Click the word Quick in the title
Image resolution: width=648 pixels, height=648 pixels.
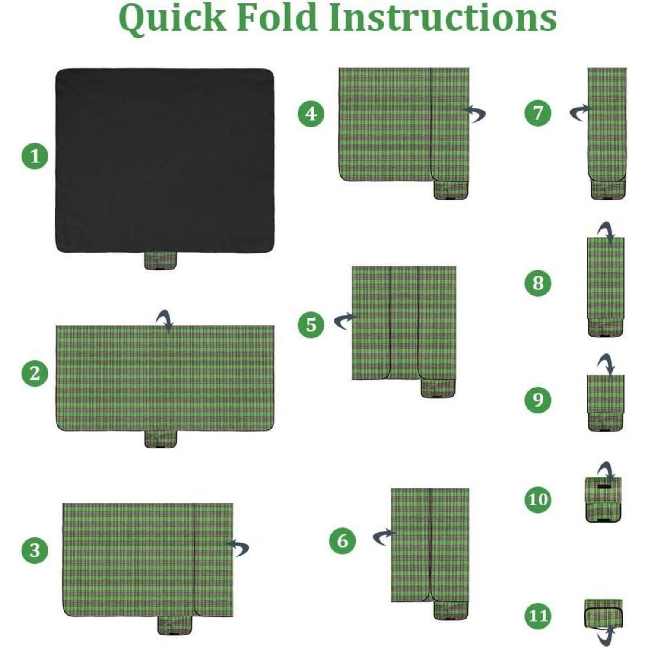coord(172,19)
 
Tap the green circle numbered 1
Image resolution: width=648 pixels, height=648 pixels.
coord(35,156)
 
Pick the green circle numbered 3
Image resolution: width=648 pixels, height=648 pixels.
coord(35,550)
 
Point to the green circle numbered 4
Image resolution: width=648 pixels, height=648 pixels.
coord(311,114)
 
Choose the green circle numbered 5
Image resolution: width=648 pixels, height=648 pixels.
coord(311,324)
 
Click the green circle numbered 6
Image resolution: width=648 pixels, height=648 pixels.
coord(343,541)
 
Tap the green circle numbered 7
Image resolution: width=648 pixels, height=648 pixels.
coord(538,113)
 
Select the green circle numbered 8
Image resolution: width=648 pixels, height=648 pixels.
coord(538,283)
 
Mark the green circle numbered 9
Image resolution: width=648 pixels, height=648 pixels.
coord(538,400)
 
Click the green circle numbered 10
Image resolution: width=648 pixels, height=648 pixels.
coord(538,500)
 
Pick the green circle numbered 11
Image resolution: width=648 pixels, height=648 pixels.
coord(538,615)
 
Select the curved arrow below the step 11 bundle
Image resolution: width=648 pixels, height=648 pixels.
coord(606,636)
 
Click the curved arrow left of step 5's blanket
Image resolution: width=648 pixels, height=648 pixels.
coord(345,321)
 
